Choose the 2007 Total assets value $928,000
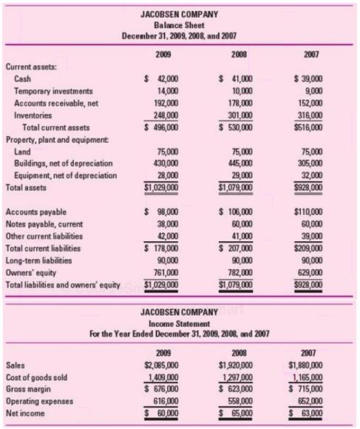(308, 187)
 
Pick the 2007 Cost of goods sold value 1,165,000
(306, 376)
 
